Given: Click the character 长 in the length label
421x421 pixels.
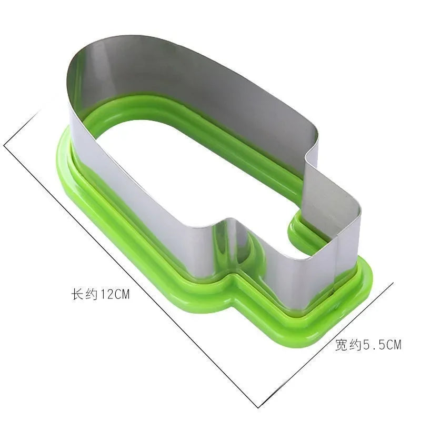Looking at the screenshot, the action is (76, 294).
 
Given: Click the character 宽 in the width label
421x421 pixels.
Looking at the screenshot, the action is (341, 345).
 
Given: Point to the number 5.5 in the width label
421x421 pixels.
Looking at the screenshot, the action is (375, 345).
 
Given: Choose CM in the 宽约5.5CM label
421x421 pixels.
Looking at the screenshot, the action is (394, 345).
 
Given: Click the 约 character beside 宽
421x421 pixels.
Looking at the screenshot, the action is (355, 345).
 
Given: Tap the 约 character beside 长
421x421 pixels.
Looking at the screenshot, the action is (91, 294).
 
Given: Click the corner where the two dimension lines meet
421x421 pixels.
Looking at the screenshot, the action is (258, 408).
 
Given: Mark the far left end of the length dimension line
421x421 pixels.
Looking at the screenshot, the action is (4, 145).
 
